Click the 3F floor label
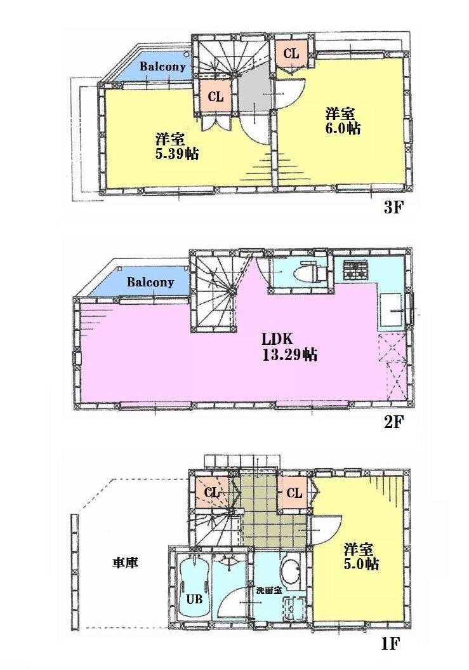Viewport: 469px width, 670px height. coord(393,208)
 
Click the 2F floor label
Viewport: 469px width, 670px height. coord(393,422)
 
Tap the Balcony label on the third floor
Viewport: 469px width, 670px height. coord(162,66)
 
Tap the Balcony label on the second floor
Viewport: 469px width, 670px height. coord(150,282)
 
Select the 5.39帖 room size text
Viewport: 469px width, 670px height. coord(177,153)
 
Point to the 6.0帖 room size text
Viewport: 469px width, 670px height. coord(343,128)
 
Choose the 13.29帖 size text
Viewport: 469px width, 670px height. coord(289,355)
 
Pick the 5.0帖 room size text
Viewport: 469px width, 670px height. coord(362,563)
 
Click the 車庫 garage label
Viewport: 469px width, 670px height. coord(126,562)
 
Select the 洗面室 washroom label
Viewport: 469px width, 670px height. coord(267,590)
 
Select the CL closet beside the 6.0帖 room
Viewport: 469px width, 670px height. coord(291,54)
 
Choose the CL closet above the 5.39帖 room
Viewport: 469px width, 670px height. coord(216,97)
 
